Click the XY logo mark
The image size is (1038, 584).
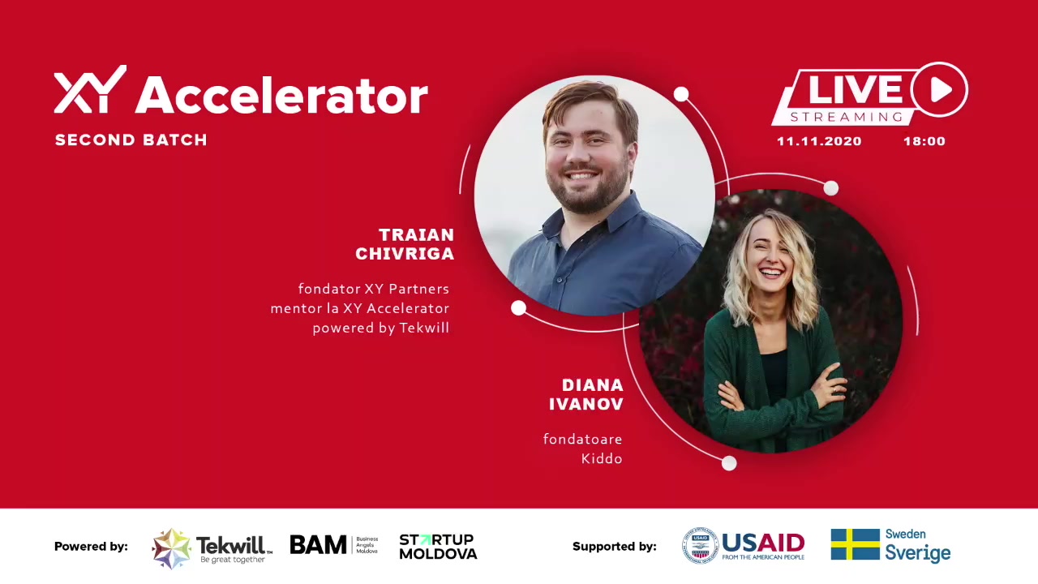(x=90, y=89)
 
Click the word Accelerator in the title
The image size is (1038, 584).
(x=281, y=95)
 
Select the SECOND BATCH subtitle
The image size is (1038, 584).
(x=131, y=140)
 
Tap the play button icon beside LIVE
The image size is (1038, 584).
(x=939, y=89)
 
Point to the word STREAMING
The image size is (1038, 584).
(x=847, y=117)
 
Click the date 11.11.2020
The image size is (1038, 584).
(x=819, y=141)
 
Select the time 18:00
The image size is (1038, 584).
(x=924, y=141)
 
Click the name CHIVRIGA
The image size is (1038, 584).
(x=405, y=254)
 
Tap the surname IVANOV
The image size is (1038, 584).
(x=586, y=404)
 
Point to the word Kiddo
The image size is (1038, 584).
(x=602, y=459)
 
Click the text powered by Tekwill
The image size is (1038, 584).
(x=381, y=328)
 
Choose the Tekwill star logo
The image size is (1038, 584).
(x=171, y=548)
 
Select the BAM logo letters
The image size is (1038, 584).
(x=319, y=544)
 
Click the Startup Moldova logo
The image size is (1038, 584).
(x=438, y=547)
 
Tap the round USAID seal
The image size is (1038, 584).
(x=700, y=546)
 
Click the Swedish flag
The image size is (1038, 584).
(x=856, y=544)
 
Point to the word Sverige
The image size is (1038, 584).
(x=918, y=553)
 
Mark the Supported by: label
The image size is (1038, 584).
(x=615, y=547)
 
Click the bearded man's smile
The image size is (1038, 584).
(x=581, y=176)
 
